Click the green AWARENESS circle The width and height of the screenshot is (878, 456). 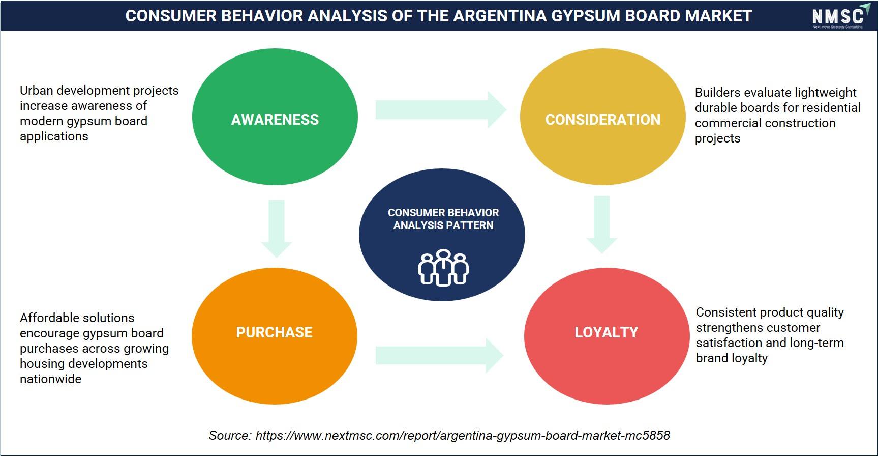(x=275, y=117)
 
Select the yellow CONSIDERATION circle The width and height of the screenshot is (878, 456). (x=603, y=117)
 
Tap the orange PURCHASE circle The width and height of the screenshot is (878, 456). (x=275, y=336)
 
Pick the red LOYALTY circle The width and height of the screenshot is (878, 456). (x=607, y=336)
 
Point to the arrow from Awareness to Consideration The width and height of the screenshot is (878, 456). (x=441, y=109)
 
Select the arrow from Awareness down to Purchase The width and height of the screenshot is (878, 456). (x=277, y=229)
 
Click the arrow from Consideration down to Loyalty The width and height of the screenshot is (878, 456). (x=602, y=224)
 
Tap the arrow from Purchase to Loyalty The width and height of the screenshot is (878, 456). (x=439, y=355)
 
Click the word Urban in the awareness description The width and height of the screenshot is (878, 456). (x=37, y=90)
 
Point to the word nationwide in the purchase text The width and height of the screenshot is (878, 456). (x=50, y=379)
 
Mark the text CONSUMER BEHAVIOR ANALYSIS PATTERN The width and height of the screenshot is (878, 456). (x=443, y=219)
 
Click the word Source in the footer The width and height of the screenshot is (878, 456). (x=230, y=435)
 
